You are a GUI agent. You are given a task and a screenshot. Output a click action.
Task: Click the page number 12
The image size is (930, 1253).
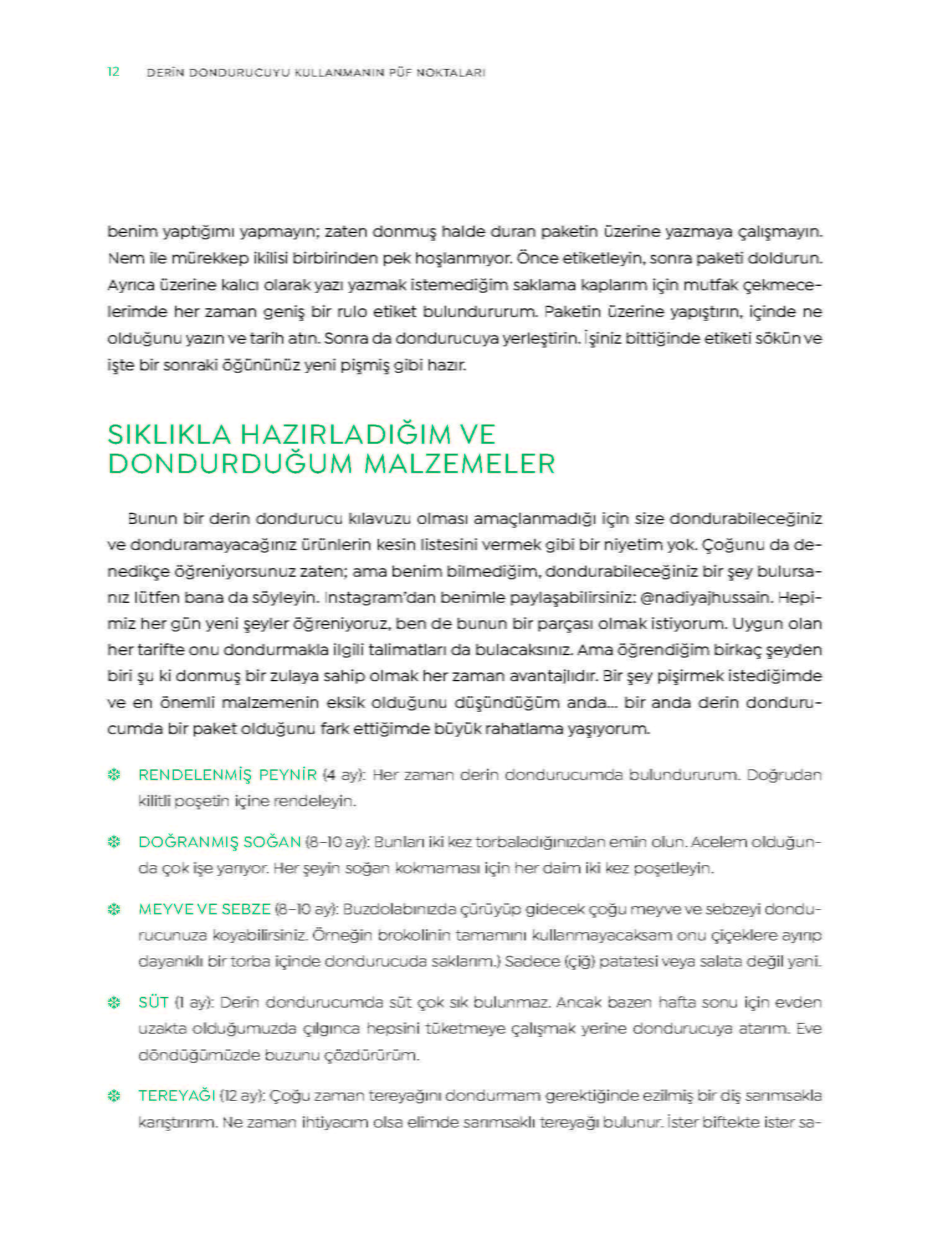113,72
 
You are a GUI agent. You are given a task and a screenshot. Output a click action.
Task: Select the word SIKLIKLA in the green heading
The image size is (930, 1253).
169,434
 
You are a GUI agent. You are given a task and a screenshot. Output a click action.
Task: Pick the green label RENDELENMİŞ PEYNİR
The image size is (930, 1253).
227,775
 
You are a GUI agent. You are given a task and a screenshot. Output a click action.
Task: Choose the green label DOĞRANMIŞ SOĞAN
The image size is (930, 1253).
219,842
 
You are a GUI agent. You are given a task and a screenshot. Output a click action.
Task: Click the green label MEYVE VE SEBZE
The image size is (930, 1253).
204,909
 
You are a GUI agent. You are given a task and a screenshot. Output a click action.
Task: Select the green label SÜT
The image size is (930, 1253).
153,1003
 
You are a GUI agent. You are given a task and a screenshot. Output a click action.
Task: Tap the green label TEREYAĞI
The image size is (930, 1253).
176,1096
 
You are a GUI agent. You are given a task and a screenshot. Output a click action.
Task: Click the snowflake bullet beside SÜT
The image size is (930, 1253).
114,1003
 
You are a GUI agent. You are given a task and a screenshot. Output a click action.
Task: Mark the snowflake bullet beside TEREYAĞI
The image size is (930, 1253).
114,1096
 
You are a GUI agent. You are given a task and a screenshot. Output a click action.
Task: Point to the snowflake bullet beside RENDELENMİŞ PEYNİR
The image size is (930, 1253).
114,775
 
